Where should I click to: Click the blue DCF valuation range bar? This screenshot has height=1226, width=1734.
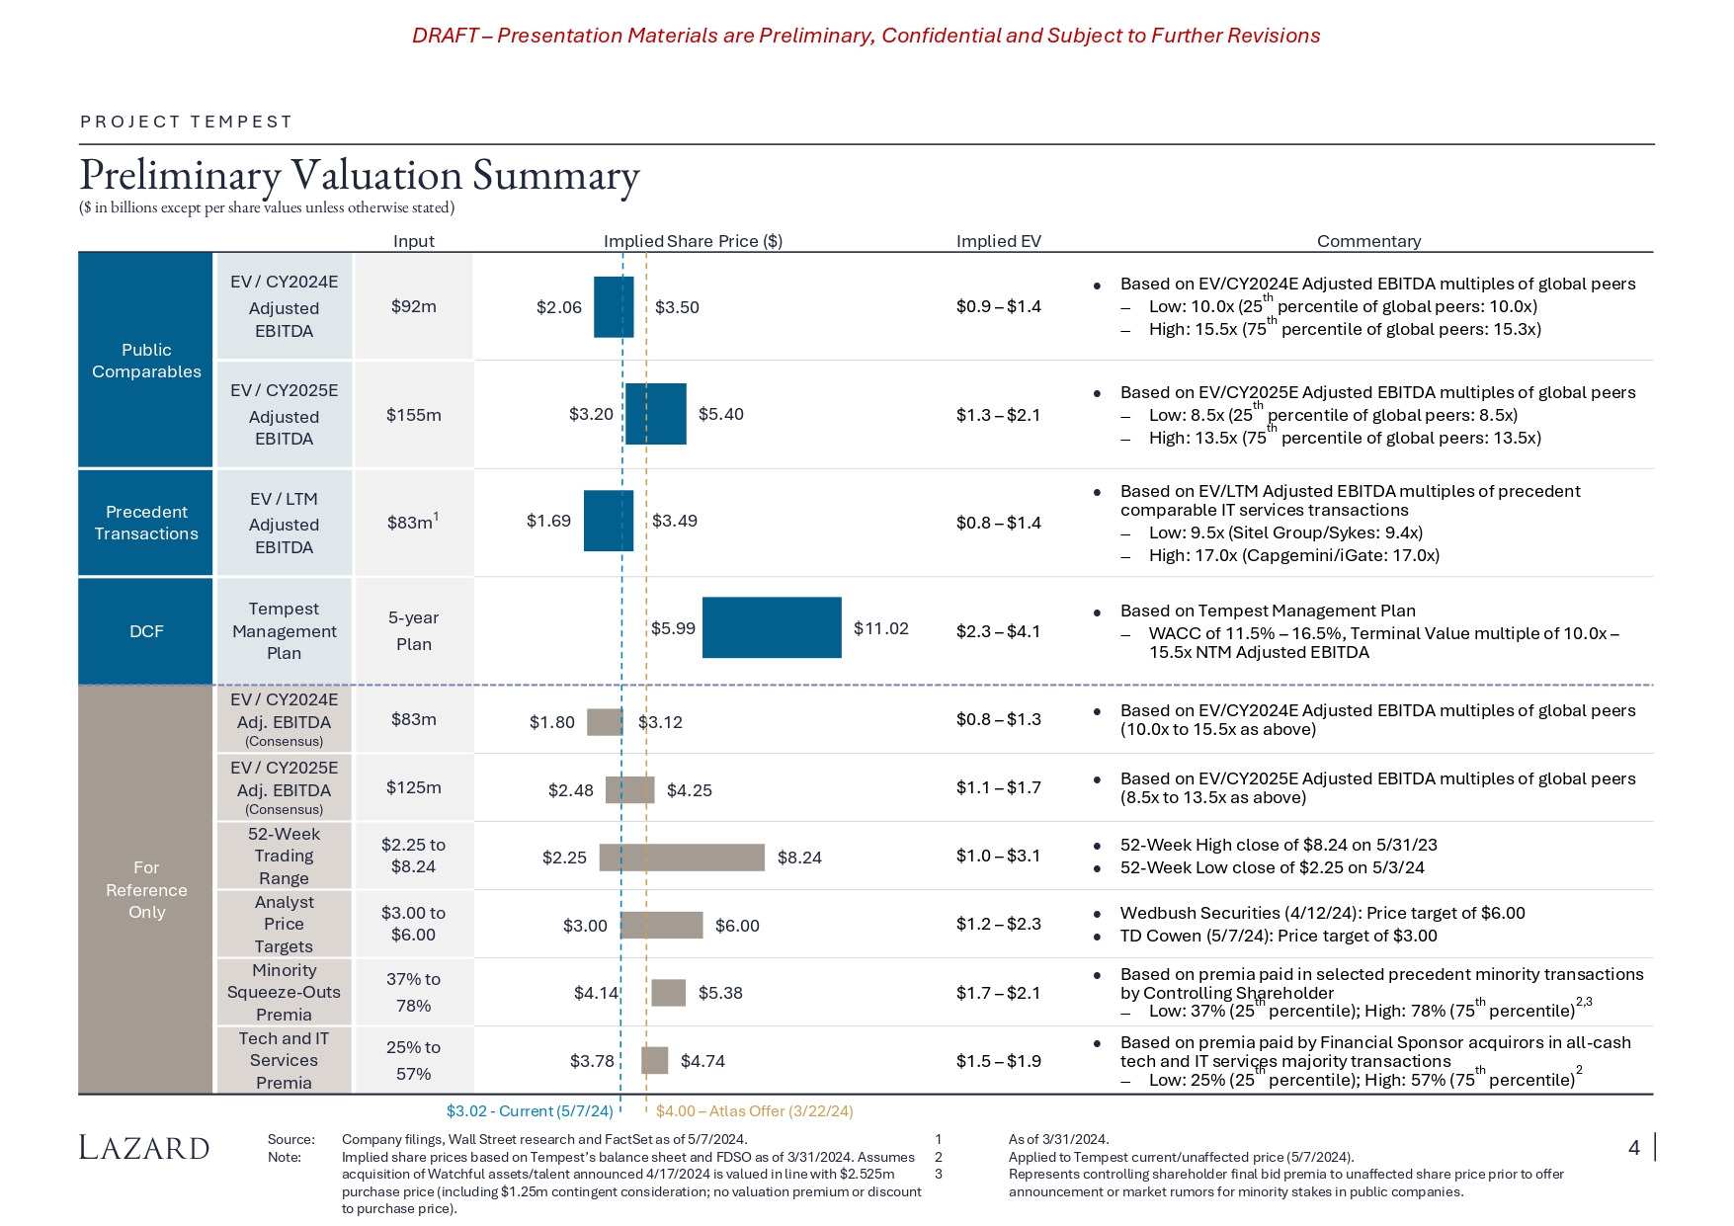click(x=772, y=627)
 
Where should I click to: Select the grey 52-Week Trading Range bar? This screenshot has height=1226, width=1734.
click(x=682, y=858)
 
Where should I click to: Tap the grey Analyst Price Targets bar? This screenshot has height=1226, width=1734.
click(x=661, y=926)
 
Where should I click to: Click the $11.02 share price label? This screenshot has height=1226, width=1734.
click(x=880, y=628)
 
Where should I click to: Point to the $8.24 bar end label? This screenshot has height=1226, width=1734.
click(x=799, y=858)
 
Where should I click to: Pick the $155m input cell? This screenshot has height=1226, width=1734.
click(x=413, y=415)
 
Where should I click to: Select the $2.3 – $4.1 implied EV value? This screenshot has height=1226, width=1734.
click(x=998, y=631)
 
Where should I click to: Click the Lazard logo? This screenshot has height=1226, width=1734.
click(x=144, y=1148)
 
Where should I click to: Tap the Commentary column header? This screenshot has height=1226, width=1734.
click(x=1368, y=241)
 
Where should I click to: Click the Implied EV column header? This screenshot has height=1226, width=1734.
click(x=998, y=241)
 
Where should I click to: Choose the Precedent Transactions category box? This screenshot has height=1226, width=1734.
click(x=146, y=523)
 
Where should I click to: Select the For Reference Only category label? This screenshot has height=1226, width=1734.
click(x=146, y=890)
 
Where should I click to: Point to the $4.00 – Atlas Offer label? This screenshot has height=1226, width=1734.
click(x=754, y=1111)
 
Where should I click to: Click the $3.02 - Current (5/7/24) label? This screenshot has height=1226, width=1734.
click(x=530, y=1111)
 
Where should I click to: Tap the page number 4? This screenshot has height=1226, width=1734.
click(x=1634, y=1148)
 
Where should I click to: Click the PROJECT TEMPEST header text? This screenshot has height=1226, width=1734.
click(x=187, y=122)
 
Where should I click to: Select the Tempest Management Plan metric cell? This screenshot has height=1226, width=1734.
click(x=284, y=631)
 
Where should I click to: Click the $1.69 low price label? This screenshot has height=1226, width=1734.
click(x=548, y=521)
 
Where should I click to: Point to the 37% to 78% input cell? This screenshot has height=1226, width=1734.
click(x=413, y=992)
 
